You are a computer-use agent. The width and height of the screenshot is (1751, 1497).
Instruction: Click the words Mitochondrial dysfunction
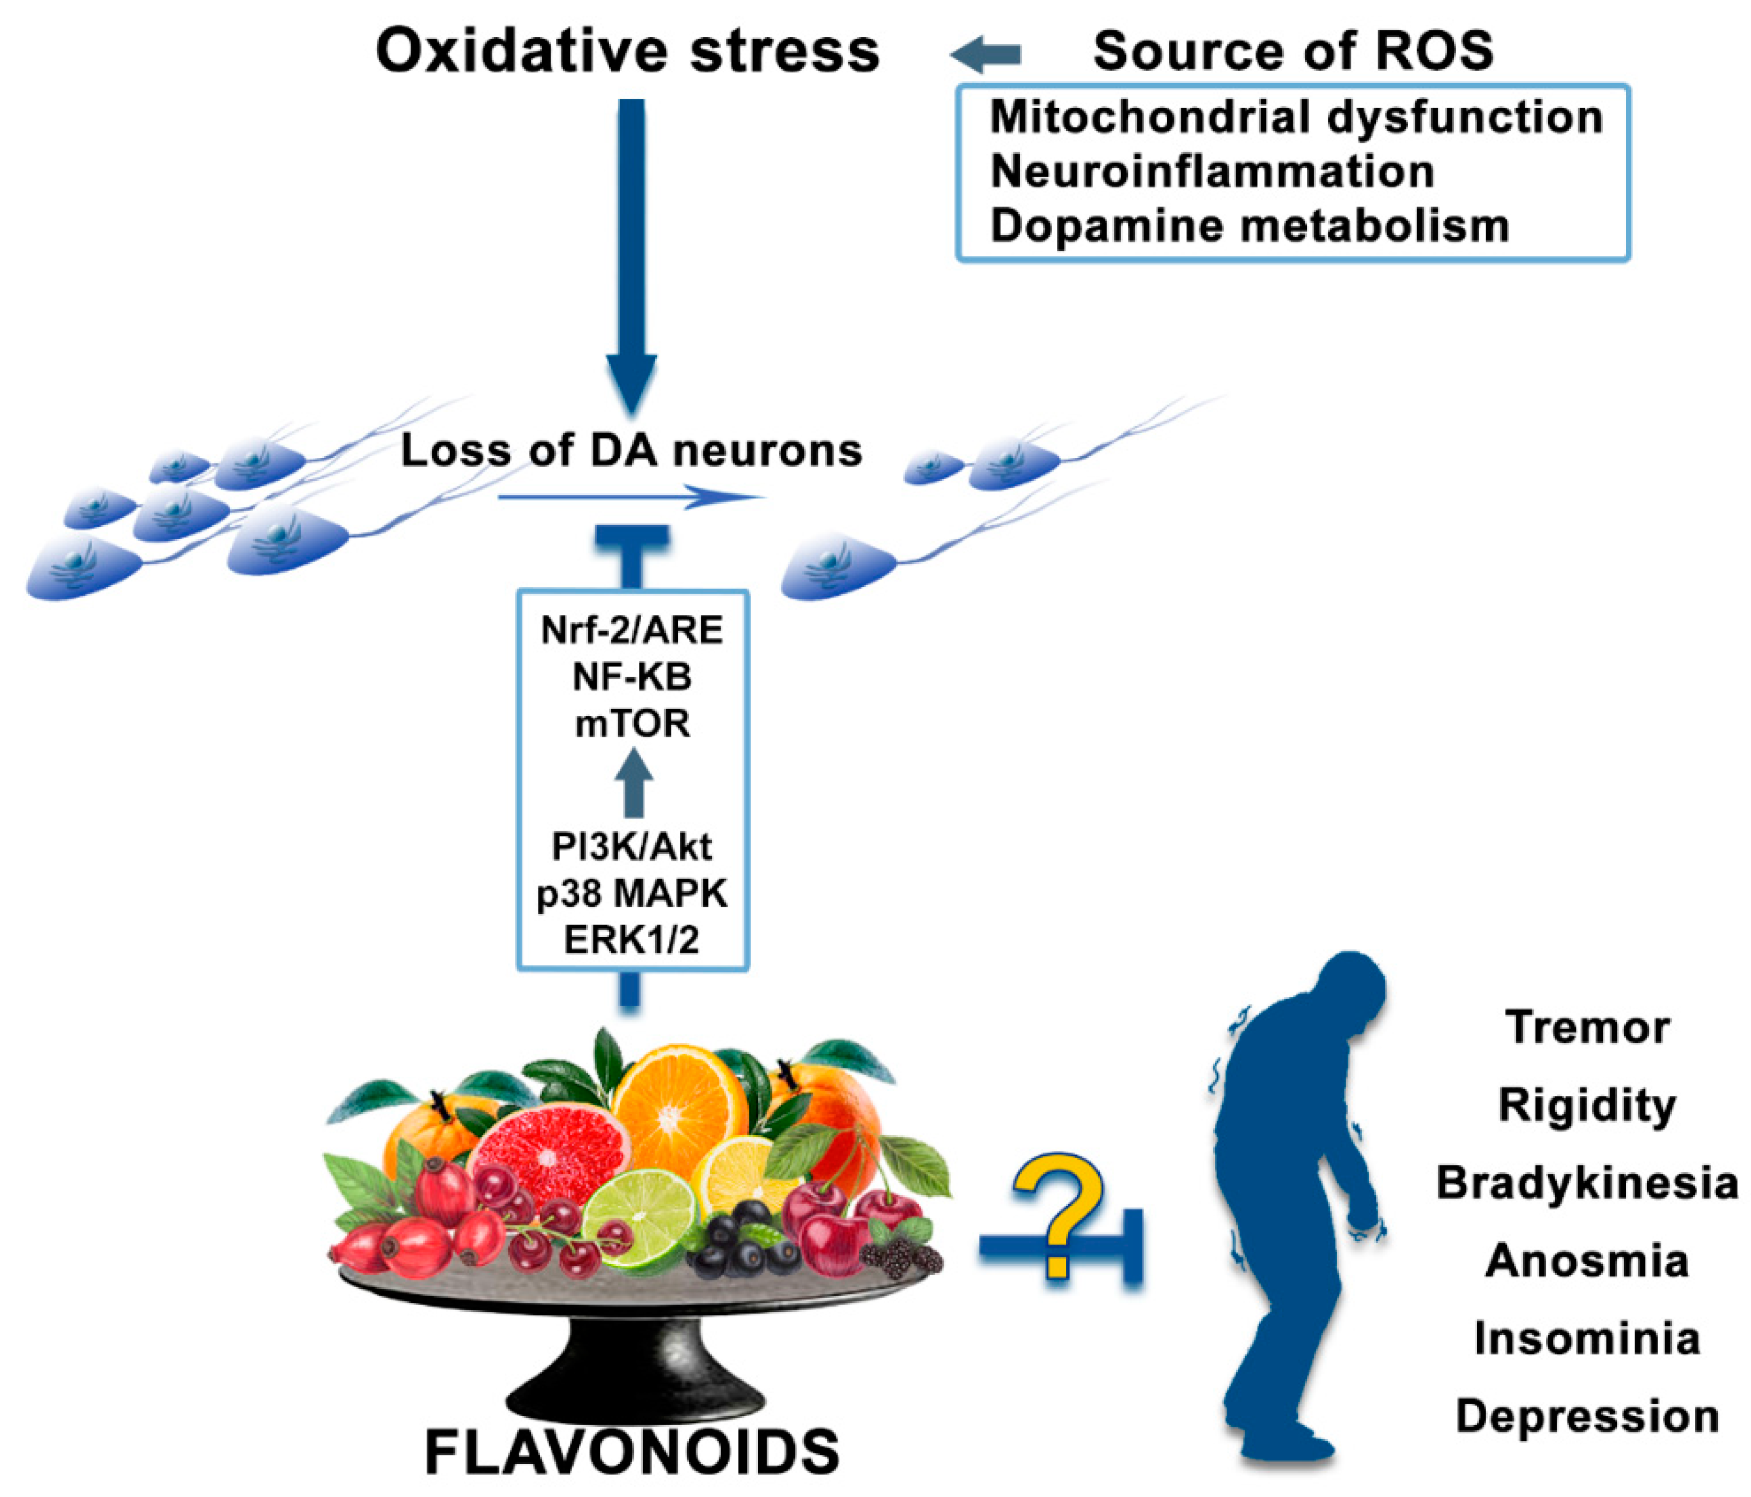(1296, 117)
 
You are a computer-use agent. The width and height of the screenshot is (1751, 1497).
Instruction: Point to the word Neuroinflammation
(1212, 172)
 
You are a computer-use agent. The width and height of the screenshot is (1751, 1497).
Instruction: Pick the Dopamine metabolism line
(1249, 226)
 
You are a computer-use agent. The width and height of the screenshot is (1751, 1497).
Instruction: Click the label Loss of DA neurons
(631, 451)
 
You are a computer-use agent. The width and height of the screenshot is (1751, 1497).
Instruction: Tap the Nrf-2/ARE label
(632, 630)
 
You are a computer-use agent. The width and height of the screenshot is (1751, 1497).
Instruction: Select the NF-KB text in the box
(632, 677)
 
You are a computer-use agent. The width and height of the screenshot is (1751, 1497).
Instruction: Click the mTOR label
(632, 724)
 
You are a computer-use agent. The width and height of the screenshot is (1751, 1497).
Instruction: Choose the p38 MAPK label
(632, 894)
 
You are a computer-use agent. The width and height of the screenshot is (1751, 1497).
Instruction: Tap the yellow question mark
(1058, 1213)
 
